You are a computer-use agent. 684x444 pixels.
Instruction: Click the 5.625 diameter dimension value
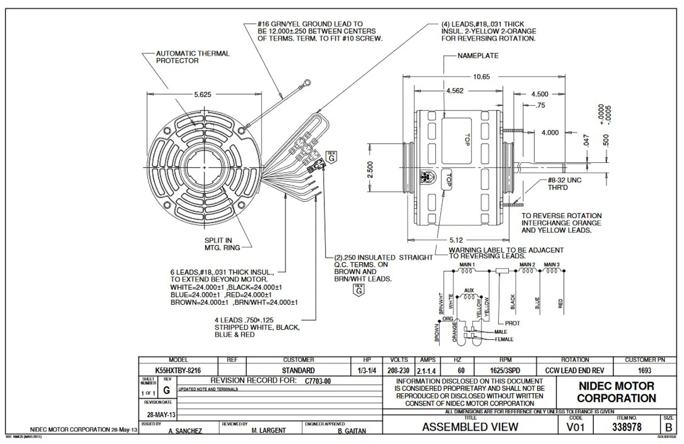(203, 94)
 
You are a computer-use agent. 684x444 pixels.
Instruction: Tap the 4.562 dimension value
(455, 91)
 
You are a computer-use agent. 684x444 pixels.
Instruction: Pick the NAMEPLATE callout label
(478, 55)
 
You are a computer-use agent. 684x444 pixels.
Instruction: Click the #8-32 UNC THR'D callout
(561, 184)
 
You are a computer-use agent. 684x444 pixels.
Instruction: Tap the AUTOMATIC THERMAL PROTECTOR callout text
(192, 57)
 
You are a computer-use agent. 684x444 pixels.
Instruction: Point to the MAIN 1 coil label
(467, 265)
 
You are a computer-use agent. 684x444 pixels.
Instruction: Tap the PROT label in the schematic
(512, 323)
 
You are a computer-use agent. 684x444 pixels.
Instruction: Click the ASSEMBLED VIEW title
(470, 426)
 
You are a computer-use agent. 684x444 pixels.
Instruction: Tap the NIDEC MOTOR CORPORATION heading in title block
(616, 392)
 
